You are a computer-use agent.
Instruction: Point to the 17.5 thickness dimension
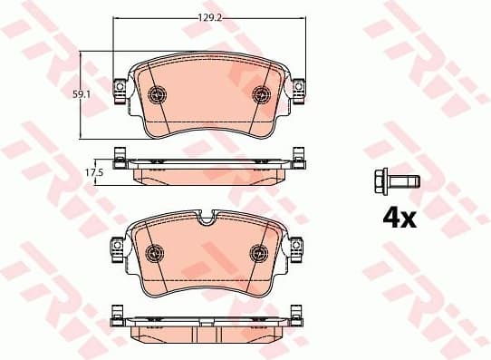(x=91, y=170)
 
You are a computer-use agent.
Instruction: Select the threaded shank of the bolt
(x=404, y=181)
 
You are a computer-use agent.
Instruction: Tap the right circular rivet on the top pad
(x=262, y=92)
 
